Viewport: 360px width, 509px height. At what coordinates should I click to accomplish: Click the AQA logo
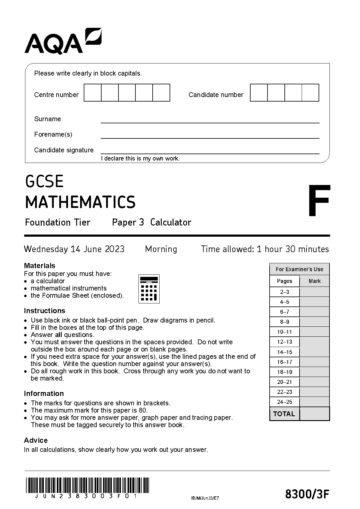click(63, 41)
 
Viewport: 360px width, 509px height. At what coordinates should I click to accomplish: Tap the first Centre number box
click(92, 93)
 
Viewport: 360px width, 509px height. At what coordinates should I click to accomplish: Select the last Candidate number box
click(310, 93)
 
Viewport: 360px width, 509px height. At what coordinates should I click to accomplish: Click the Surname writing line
click(210, 120)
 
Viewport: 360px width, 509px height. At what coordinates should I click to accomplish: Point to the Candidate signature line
click(210, 151)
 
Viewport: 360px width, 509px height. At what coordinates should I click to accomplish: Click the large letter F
click(319, 201)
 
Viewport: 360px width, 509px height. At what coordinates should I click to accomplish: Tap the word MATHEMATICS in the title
click(80, 202)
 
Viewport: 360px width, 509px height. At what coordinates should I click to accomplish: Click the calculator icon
click(149, 289)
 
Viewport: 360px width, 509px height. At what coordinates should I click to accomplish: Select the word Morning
click(161, 249)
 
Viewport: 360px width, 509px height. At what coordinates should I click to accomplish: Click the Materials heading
click(40, 266)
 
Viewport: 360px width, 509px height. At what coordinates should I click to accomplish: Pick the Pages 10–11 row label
click(284, 332)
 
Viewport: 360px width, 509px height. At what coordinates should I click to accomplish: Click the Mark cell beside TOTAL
click(314, 414)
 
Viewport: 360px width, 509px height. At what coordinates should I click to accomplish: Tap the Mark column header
click(315, 281)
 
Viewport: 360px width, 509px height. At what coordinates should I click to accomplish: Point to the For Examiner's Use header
click(299, 269)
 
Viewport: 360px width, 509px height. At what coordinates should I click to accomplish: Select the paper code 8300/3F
click(307, 494)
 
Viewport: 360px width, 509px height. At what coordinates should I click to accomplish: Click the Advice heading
click(36, 440)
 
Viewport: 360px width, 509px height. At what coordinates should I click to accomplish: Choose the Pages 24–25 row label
click(284, 402)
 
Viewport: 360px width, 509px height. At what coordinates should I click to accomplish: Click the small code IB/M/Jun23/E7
click(205, 498)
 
